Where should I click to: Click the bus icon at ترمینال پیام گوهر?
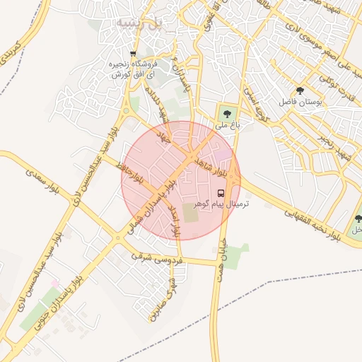[x=221, y=192]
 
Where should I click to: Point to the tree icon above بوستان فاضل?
[x=300, y=90]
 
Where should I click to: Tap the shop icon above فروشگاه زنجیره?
[x=132, y=54]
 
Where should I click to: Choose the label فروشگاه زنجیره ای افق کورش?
[x=132, y=69]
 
